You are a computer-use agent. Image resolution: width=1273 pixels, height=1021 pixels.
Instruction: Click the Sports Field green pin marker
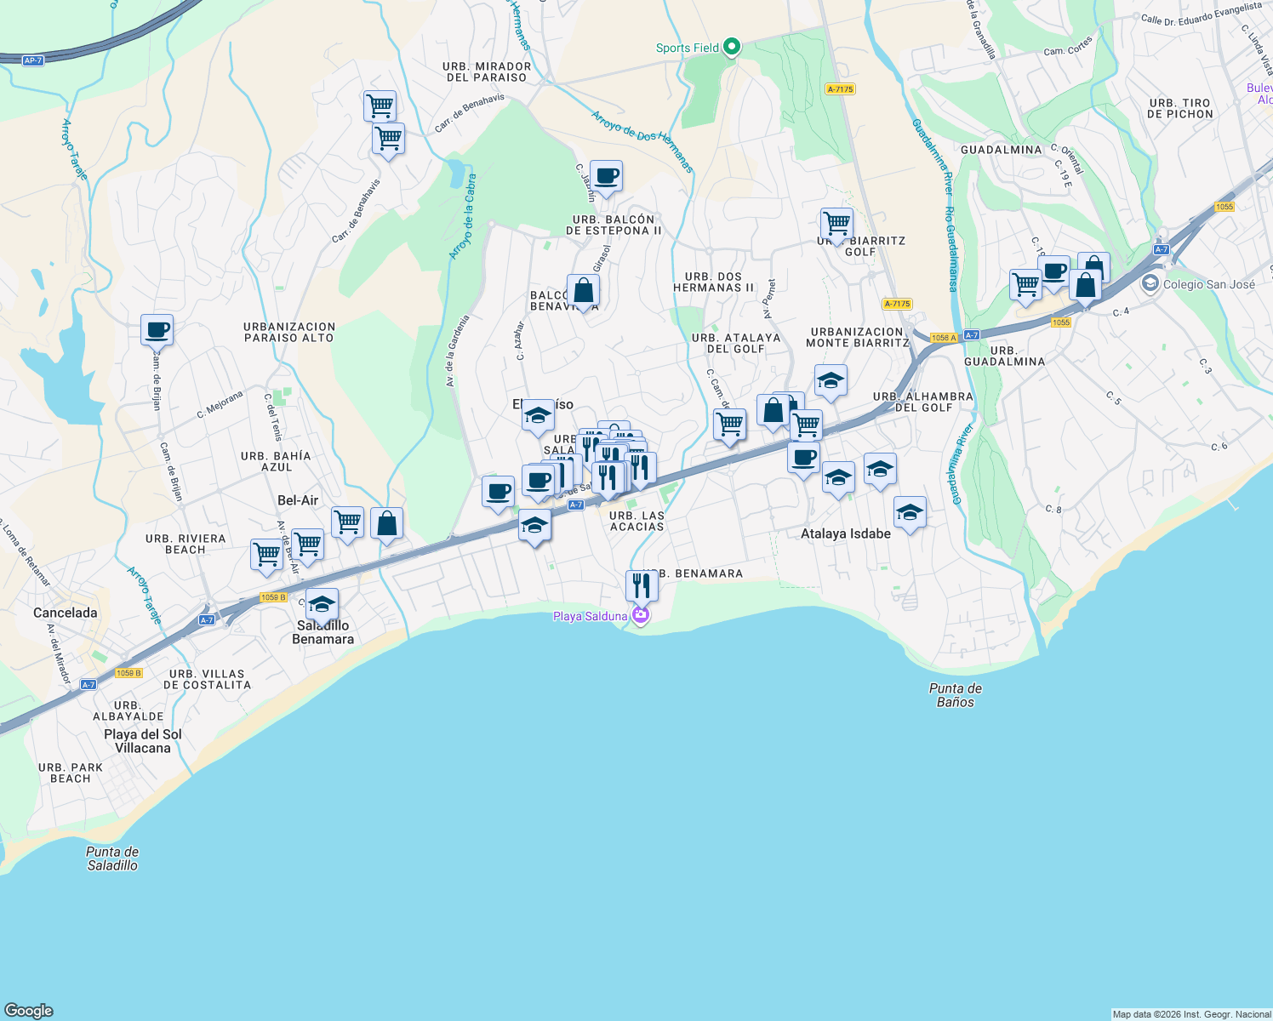tap(732, 48)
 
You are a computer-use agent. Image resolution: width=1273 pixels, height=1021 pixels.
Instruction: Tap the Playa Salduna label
tap(591, 616)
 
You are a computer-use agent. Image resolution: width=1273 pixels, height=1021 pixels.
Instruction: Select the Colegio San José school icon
tap(1150, 283)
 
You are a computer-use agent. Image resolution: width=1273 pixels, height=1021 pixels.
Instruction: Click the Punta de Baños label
tap(956, 695)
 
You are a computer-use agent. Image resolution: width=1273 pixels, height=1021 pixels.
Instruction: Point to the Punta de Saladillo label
tap(112, 858)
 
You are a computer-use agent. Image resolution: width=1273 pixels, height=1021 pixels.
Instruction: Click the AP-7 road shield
tap(33, 60)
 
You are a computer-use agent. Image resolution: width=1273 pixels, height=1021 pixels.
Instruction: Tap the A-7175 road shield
tap(840, 88)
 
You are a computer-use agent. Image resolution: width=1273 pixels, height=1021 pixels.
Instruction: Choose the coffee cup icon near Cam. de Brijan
tap(157, 329)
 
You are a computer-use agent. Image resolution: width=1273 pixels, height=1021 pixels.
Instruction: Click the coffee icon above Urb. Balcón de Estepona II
tap(606, 176)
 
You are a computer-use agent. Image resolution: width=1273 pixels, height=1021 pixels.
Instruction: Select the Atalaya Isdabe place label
tap(846, 533)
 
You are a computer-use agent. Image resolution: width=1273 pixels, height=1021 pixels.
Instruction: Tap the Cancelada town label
tap(66, 613)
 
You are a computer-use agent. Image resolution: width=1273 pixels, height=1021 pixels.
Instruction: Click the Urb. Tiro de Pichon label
tap(1179, 108)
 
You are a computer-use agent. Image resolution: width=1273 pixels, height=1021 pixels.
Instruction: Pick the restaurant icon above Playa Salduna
tap(642, 585)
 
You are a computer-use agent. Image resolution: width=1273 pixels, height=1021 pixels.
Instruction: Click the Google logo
tap(29, 1010)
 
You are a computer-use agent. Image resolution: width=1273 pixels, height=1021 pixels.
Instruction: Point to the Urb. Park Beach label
tap(71, 773)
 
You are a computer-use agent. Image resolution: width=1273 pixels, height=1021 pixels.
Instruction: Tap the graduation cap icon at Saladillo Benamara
tap(322, 604)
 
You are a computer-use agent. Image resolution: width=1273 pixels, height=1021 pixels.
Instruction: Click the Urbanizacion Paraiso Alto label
tap(289, 332)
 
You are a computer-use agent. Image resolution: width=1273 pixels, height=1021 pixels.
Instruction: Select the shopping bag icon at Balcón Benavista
tap(584, 290)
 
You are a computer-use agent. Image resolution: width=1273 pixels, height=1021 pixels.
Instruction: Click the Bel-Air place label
tap(298, 500)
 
